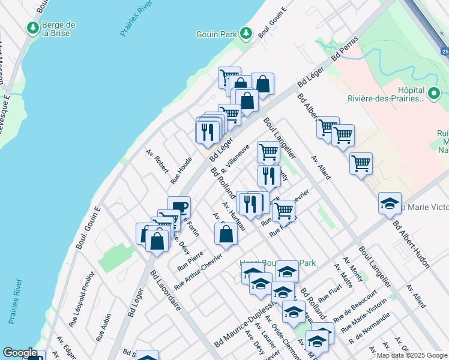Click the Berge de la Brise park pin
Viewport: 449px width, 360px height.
click(x=32, y=28)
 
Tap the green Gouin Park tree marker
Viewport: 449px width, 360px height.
click(x=246, y=33)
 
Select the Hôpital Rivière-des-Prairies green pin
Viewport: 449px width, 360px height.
click(x=434, y=94)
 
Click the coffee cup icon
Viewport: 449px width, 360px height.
click(x=179, y=208)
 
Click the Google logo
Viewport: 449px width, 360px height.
click(x=20, y=353)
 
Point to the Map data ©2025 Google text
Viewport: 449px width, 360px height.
click(x=412, y=355)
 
